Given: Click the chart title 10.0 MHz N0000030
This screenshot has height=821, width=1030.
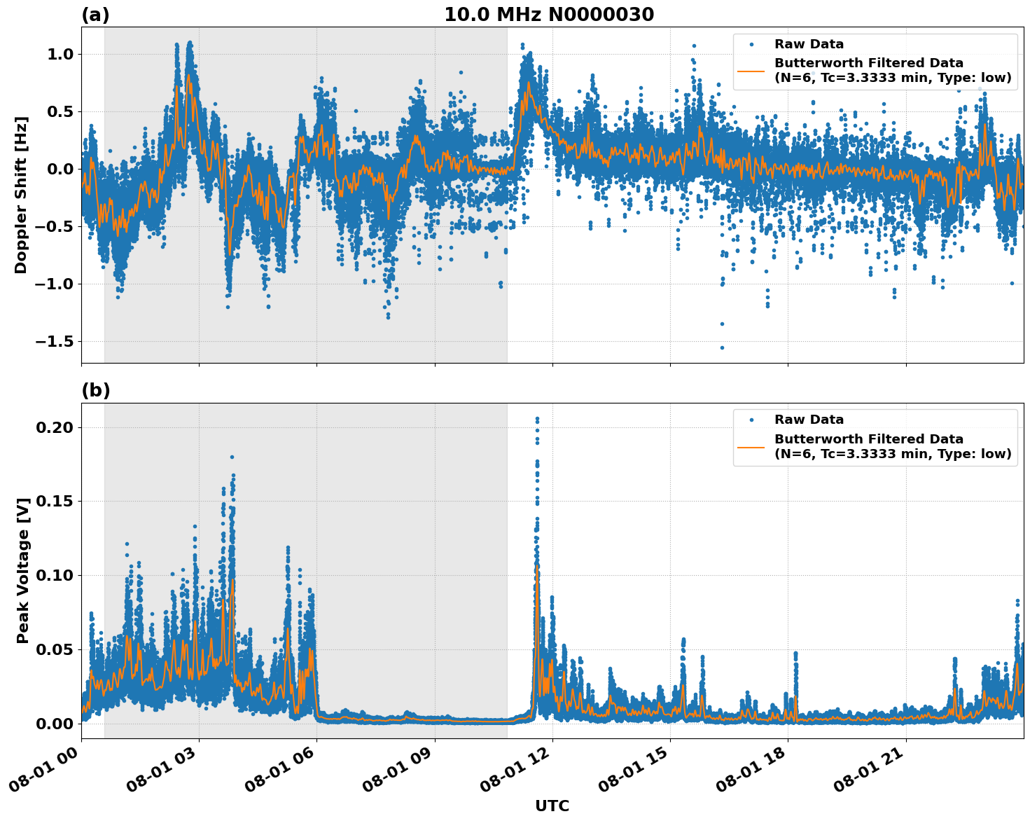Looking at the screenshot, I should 548,15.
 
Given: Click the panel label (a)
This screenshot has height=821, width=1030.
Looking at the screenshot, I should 95,15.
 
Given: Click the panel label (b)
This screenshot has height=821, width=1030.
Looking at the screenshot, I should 95,391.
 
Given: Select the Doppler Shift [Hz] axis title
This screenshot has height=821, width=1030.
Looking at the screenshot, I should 21,195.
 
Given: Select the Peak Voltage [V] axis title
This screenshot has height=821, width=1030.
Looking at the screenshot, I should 23,570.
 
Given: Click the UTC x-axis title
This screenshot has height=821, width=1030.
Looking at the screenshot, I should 552,806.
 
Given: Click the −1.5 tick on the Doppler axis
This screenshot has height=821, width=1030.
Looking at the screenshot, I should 53,341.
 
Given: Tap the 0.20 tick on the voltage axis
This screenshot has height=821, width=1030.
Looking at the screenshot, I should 57,427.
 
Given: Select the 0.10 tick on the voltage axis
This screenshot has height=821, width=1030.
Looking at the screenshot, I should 57,575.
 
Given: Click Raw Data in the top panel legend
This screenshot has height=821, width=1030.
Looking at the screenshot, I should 809,44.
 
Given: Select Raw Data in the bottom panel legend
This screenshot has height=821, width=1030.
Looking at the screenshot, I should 809,420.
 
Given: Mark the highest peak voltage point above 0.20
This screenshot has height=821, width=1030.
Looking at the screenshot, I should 537,419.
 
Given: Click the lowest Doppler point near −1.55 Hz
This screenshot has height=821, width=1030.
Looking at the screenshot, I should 722,347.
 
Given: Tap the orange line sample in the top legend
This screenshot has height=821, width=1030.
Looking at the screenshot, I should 751,70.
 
